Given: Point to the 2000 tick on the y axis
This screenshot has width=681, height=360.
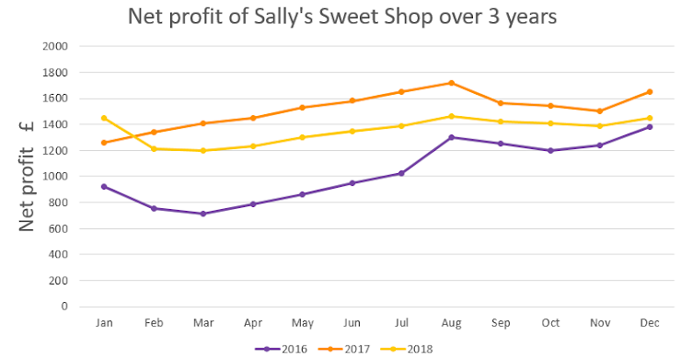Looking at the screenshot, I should click(x=56, y=46).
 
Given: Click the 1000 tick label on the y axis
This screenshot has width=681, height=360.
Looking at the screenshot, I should click(x=56, y=177).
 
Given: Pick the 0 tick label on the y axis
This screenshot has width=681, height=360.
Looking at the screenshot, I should click(x=64, y=307).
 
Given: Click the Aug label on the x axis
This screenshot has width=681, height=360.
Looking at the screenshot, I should click(x=450, y=323).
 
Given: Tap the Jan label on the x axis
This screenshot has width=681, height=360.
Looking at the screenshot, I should click(x=104, y=323).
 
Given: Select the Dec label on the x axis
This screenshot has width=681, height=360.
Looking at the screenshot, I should click(x=649, y=323).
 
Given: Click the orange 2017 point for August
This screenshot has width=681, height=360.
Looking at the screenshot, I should click(x=450, y=83).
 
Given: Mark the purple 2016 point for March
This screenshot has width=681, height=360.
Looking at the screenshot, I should click(x=202, y=214).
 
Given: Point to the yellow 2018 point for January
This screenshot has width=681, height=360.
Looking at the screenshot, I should click(x=104, y=118).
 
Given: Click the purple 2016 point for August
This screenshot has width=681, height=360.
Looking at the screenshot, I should click(x=450, y=137).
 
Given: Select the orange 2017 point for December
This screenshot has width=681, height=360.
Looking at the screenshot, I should click(x=649, y=91).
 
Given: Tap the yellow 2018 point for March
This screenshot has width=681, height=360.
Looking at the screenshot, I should click(x=202, y=150).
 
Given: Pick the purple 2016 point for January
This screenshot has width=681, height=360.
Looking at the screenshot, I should click(x=104, y=186).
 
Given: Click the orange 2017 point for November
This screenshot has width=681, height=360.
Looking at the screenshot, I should click(x=599, y=110).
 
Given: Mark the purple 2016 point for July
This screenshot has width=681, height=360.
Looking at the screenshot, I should click(x=401, y=173).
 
